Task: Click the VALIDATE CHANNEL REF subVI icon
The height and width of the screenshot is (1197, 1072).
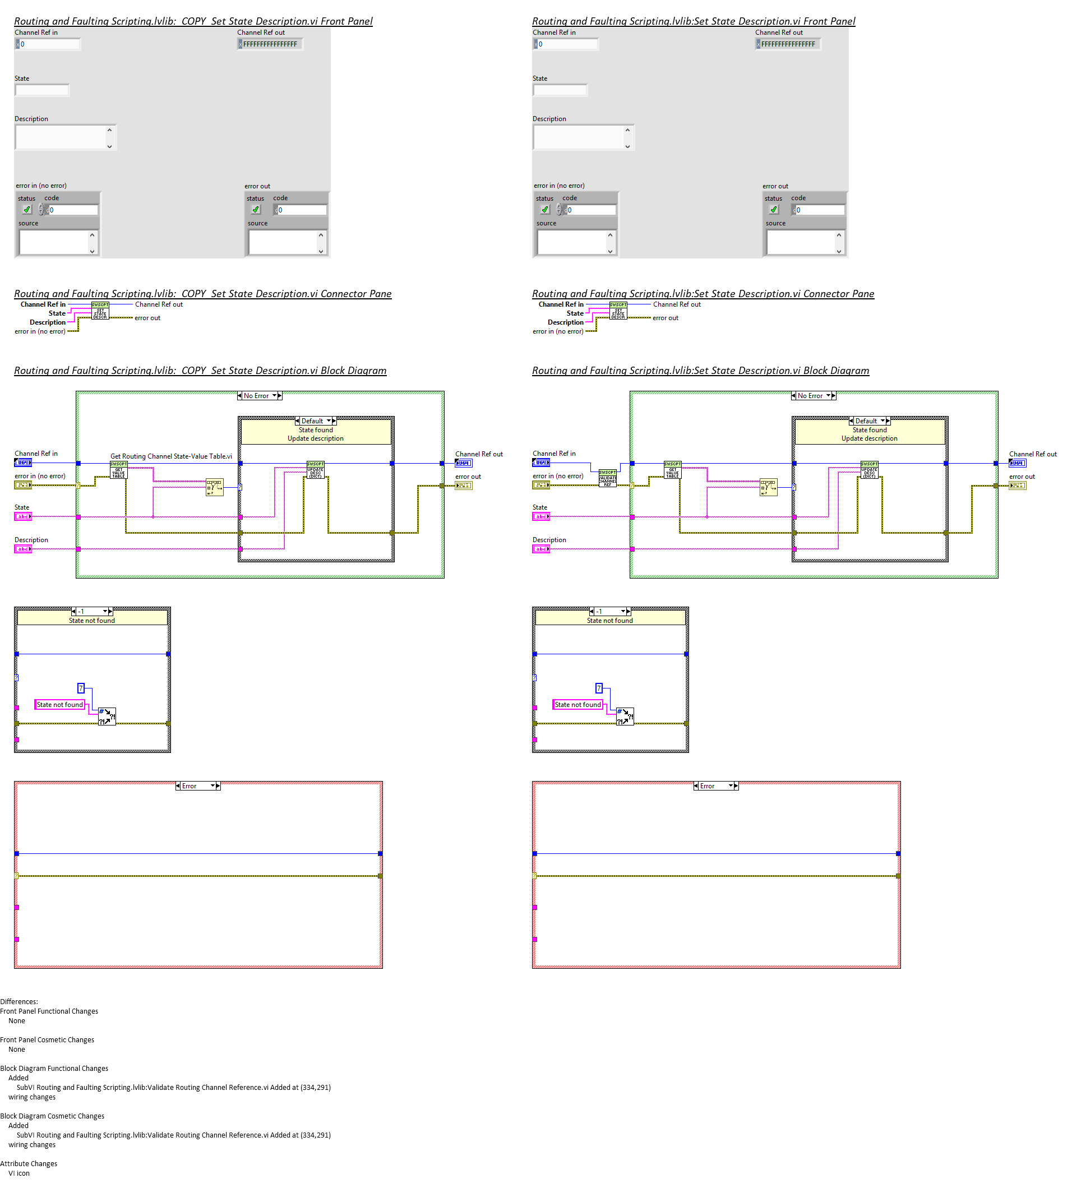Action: tap(607, 478)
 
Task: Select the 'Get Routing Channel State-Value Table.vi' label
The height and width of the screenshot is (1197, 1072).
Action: tap(171, 456)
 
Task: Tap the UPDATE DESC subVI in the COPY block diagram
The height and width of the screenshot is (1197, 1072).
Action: tap(315, 469)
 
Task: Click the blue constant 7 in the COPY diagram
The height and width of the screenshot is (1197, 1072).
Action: tap(81, 688)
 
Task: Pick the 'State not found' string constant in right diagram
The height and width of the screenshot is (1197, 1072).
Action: tap(577, 705)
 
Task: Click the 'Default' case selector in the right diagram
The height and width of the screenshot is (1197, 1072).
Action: tap(869, 421)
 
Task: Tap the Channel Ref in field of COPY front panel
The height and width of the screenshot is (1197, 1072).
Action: tap(48, 44)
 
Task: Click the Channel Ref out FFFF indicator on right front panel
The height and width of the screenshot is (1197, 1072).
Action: tap(788, 44)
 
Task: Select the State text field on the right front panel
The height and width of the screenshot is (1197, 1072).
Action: tap(560, 90)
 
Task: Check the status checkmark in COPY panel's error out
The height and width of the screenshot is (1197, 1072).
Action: tap(256, 210)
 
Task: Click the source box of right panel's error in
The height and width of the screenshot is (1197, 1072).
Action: tap(572, 242)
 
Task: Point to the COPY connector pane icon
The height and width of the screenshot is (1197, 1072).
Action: tap(100, 311)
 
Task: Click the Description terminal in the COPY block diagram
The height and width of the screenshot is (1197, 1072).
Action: tap(23, 549)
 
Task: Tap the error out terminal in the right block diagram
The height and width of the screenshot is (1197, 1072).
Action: tap(1017, 486)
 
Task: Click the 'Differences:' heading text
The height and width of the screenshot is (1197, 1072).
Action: tap(20, 1001)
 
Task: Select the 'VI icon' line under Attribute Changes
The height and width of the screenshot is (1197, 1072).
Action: tap(19, 1173)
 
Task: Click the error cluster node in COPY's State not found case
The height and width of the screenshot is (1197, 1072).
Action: tap(107, 717)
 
